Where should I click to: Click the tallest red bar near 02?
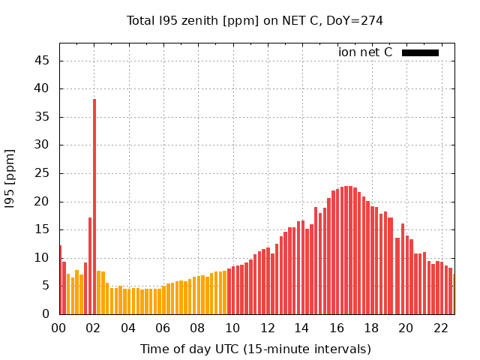point(94,206)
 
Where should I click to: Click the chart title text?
point(255,21)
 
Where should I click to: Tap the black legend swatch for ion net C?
point(420,52)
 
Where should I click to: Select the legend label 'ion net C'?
point(365,52)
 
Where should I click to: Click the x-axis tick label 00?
point(59,328)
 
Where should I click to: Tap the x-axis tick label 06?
point(163,328)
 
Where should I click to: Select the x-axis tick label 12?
point(267,328)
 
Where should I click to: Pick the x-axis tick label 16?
point(337,328)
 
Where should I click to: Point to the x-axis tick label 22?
point(440,328)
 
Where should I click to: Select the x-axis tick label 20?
point(406,328)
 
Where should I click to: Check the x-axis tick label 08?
point(198,328)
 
